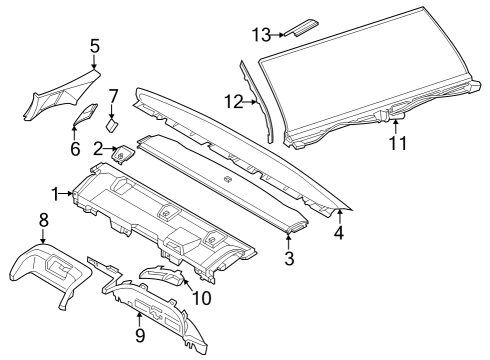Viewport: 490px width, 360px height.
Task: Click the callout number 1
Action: [x=55, y=191]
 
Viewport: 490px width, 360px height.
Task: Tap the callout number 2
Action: [x=99, y=149]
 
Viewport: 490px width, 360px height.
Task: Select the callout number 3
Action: [x=289, y=259]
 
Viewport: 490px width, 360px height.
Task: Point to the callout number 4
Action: [x=339, y=235]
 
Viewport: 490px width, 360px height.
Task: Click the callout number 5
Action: [x=95, y=45]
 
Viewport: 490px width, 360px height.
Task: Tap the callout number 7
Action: [x=113, y=97]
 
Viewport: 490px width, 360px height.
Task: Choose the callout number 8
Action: [x=43, y=219]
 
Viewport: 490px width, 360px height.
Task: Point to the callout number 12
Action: [x=232, y=101]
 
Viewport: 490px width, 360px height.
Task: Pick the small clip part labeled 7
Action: [x=112, y=124]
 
